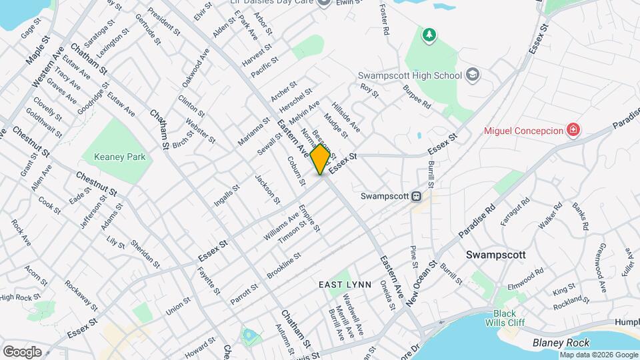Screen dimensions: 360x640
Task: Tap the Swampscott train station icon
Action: point(416,196)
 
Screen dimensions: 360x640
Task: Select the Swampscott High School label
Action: point(409,76)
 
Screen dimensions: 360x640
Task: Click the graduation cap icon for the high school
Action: point(473,74)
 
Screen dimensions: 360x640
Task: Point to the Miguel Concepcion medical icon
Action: point(572,129)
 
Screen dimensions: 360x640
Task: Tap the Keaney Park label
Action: point(114,156)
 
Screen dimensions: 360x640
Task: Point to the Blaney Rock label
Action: point(561,343)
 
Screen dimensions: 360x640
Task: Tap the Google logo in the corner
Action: point(23,351)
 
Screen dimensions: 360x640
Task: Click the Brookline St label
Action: point(284,265)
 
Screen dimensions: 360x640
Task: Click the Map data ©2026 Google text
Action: point(598,355)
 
